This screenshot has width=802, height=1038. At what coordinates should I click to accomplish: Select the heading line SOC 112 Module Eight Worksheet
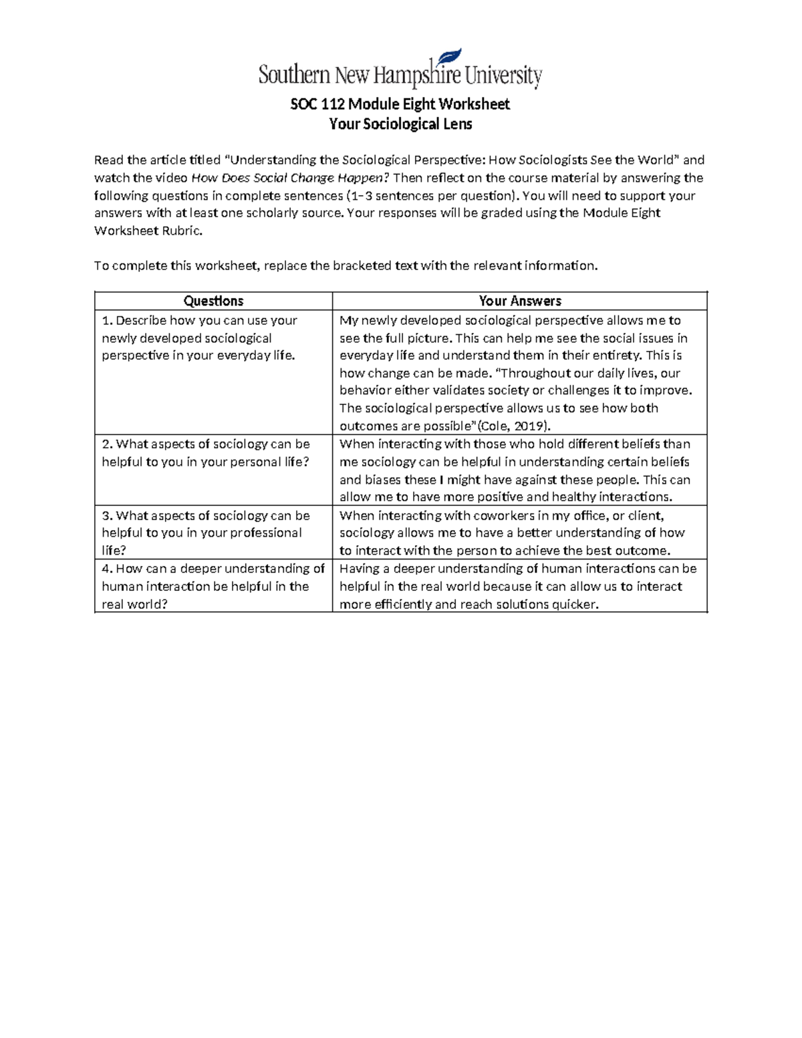coord(400,104)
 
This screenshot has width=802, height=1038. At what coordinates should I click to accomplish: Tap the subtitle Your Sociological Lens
coord(400,124)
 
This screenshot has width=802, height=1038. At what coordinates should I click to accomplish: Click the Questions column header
coord(213,301)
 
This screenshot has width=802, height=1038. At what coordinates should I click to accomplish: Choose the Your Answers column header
coord(519,301)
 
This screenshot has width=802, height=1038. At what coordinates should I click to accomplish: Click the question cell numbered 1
coord(213,338)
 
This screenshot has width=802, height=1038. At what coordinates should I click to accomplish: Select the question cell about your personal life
coord(213,453)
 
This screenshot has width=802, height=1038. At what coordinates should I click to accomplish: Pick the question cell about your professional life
coord(213,533)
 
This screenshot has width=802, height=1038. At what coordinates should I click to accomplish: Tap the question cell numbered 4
coord(213,586)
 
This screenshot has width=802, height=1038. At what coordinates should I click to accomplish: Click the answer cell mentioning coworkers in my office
coord(519,533)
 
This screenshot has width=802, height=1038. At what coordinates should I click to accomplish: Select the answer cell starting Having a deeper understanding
coord(519,586)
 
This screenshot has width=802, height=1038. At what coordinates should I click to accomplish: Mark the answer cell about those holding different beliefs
coord(519,471)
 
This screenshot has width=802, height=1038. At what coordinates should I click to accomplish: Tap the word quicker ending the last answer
coord(574,605)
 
